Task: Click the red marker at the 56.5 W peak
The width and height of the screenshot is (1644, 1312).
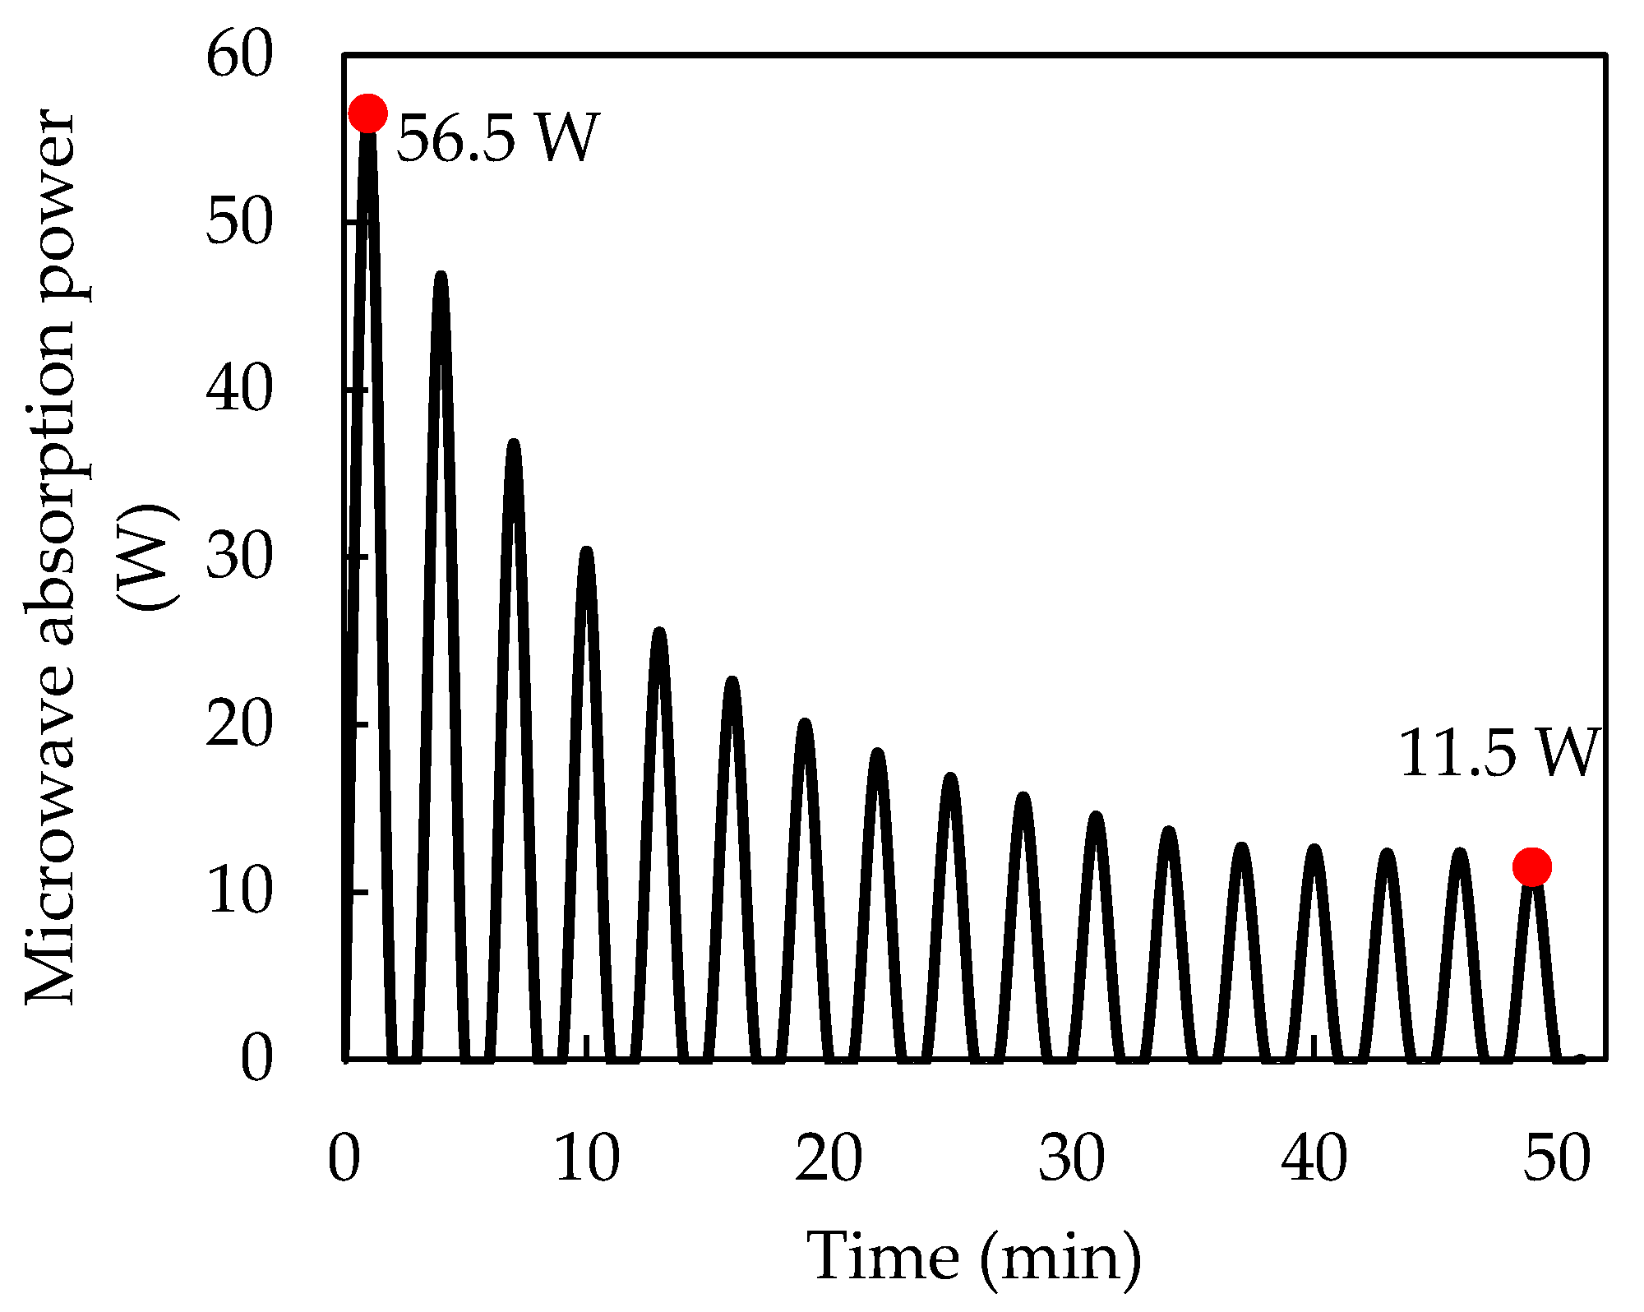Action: pos(367,113)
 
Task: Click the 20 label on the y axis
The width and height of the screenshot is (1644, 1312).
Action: pos(238,725)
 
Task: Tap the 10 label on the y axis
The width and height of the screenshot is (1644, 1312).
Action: pos(238,893)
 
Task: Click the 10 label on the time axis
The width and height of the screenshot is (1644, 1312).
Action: pos(586,1159)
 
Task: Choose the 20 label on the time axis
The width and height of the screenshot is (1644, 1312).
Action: pos(829,1159)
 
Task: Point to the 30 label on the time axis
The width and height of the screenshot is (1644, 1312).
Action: pos(1071,1159)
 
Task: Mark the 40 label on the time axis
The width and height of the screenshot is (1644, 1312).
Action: pos(1314,1159)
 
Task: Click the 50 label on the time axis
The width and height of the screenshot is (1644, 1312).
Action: pos(1557,1159)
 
